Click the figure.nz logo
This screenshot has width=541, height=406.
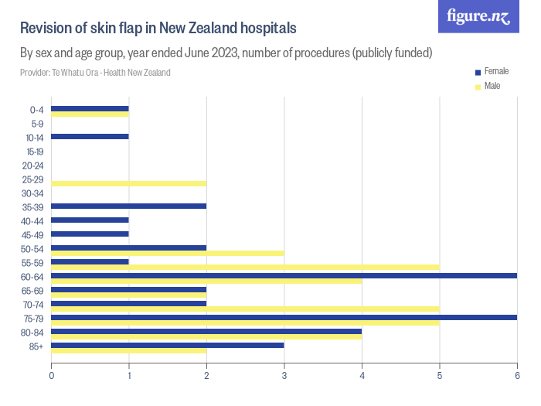click(x=478, y=16)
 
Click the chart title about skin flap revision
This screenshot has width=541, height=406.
click(x=158, y=29)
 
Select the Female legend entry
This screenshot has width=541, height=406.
click(x=495, y=71)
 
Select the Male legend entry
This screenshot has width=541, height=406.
click(x=492, y=86)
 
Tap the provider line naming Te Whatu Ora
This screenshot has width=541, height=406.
click(x=95, y=73)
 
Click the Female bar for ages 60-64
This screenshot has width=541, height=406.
click(x=284, y=275)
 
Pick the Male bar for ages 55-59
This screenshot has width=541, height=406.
click(x=245, y=268)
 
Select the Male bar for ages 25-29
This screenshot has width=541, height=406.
click(x=128, y=183)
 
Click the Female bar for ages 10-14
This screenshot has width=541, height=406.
click(x=90, y=137)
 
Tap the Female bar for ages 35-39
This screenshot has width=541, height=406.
click(x=128, y=206)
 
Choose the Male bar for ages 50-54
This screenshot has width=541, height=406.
click(x=167, y=253)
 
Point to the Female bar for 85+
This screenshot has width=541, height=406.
click(x=167, y=345)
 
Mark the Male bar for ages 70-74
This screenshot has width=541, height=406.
click(x=245, y=309)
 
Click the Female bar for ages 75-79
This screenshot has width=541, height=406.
click(x=284, y=317)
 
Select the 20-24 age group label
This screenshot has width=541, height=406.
click(x=32, y=165)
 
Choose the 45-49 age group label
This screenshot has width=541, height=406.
click(x=32, y=234)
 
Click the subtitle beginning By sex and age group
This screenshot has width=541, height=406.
click(x=226, y=53)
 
